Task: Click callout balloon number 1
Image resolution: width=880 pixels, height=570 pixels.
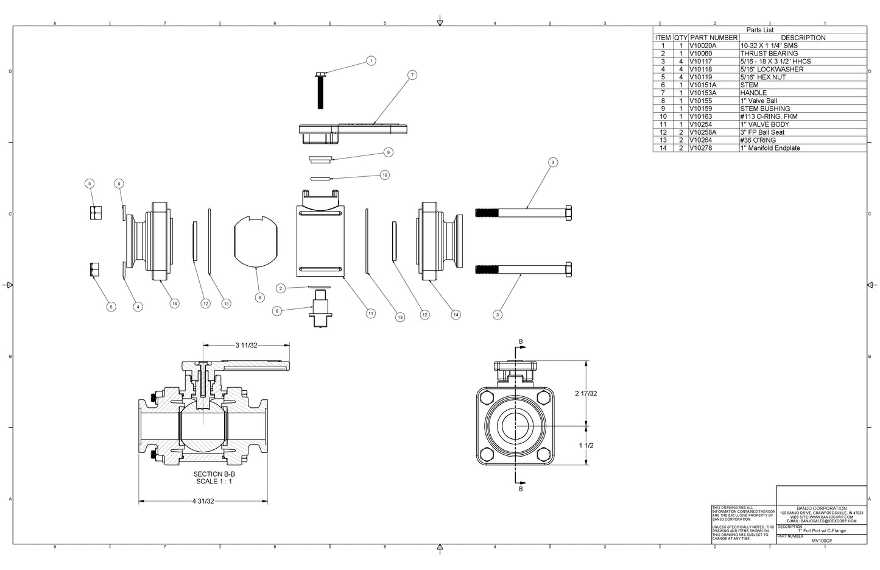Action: (x=371, y=60)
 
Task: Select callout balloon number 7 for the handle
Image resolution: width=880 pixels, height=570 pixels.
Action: (x=412, y=75)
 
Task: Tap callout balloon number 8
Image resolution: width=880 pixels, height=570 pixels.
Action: (x=260, y=297)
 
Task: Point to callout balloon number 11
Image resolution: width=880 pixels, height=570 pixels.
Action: (x=370, y=313)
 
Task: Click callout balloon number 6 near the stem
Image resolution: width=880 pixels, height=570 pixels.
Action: (x=277, y=311)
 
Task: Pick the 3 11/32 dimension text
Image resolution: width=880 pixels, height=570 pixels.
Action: (x=246, y=346)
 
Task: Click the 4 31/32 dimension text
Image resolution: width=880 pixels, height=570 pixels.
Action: (x=203, y=501)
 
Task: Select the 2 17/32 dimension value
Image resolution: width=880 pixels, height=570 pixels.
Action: (x=586, y=393)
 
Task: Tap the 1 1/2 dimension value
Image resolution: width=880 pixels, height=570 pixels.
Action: (x=586, y=446)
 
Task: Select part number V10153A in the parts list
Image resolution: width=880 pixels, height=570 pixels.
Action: (x=703, y=93)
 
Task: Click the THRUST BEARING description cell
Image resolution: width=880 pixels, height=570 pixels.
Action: (x=769, y=54)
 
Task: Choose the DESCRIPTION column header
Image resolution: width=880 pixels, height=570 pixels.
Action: (x=803, y=38)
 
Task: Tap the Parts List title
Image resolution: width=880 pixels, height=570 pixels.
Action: (x=759, y=30)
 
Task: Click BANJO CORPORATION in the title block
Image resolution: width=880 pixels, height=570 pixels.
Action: (x=821, y=508)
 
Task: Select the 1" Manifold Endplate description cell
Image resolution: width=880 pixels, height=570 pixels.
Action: (x=770, y=148)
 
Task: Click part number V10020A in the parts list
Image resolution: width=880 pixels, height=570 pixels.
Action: (x=703, y=46)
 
